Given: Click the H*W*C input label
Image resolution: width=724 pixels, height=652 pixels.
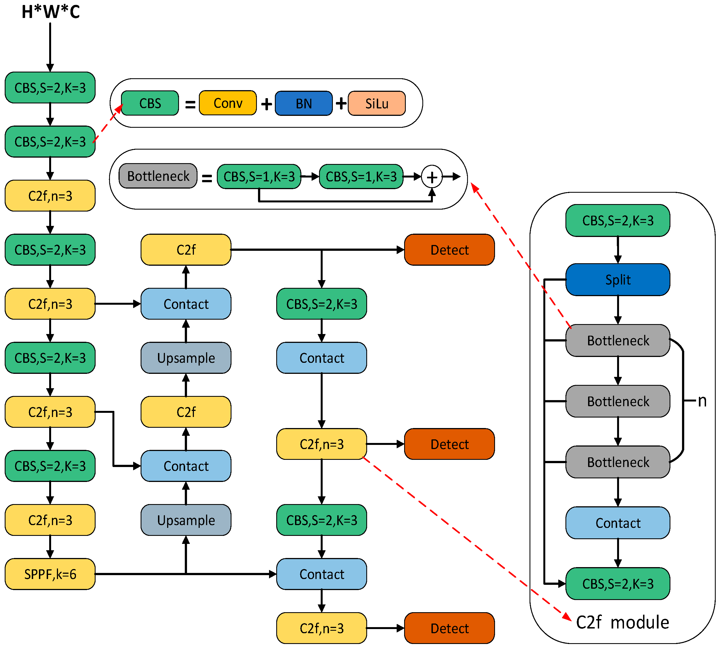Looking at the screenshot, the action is [51, 12].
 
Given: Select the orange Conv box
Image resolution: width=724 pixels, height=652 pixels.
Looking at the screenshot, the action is [228, 103].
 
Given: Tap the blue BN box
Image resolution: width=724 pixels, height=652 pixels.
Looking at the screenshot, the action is [304, 103].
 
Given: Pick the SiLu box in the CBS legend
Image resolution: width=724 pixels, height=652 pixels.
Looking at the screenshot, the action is [377, 103].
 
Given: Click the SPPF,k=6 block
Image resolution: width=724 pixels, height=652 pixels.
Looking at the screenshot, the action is [50, 574].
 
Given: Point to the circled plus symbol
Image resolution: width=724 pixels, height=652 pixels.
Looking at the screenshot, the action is [432, 177].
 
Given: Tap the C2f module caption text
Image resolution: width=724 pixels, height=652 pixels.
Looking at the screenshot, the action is [622, 622].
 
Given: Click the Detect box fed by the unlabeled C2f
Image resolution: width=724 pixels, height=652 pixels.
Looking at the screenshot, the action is [449, 250].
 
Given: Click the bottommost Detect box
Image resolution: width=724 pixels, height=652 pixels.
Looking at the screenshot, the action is [449, 628].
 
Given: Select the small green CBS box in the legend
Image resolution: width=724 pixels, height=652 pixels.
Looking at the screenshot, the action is [150, 103].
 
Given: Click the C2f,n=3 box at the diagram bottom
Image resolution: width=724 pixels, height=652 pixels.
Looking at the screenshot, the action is [322, 628].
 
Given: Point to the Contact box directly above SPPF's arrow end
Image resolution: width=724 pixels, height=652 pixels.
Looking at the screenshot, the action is [322, 574].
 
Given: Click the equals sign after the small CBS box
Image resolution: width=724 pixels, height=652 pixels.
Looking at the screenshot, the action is [190, 105].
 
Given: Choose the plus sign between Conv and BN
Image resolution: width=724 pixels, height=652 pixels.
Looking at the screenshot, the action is [266, 105].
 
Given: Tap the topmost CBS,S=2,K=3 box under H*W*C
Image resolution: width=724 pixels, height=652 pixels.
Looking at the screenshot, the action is [50, 87].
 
